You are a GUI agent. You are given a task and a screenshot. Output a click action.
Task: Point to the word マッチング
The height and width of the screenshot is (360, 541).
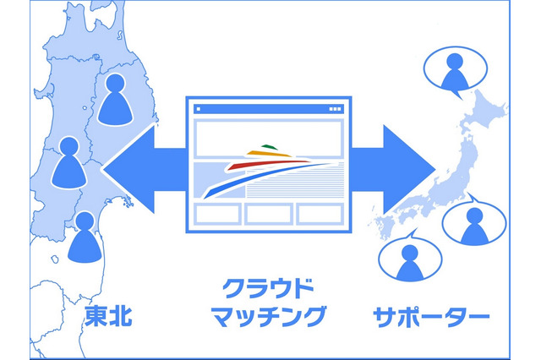pos(270,318)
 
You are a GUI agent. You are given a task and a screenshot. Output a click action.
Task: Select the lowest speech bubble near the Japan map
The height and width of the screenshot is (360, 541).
pos(409,259)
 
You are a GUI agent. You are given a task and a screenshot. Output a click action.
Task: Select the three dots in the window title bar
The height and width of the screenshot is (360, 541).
pos(335,109)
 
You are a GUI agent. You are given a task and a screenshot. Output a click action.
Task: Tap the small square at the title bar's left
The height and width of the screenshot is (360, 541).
pos(199,109)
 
